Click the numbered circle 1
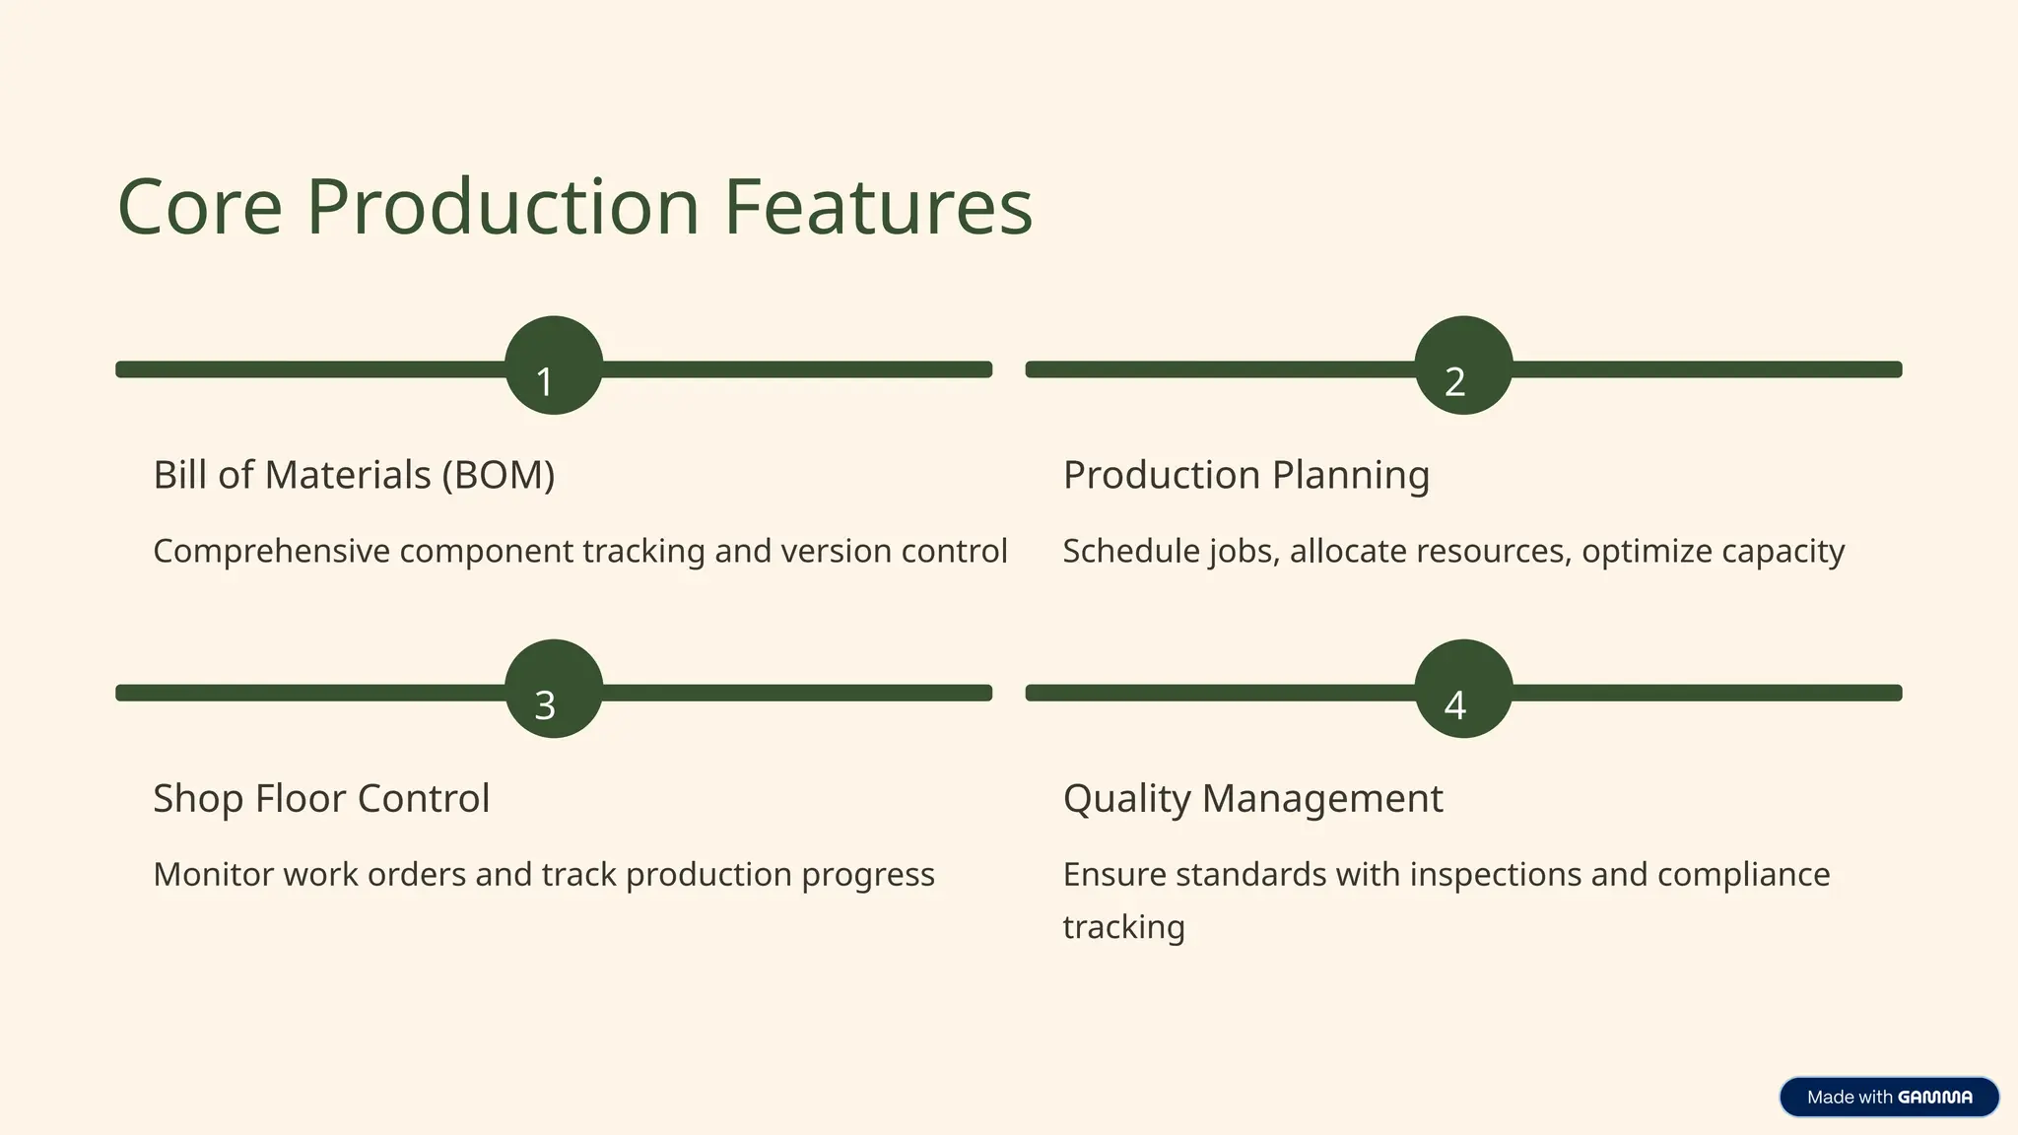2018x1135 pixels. (x=554, y=366)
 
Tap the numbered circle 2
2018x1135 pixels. (x=1463, y=366)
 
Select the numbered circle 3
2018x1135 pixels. (x=554, y=689)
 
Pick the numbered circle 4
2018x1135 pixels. (x=1463, y=689)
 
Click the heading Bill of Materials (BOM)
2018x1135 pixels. (x=354, y=475)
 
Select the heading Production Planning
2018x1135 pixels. (x=1245, y=475)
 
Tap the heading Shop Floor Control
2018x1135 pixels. (x=321, y=798)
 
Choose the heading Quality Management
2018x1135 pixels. (x=1252, y=798)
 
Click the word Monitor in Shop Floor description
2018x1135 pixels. (x=214, y=875)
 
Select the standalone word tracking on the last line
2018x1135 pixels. (x=1123, y=927)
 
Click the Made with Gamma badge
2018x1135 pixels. (x=1889, y=1097)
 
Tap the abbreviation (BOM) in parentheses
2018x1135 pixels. (x=498, y=475)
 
